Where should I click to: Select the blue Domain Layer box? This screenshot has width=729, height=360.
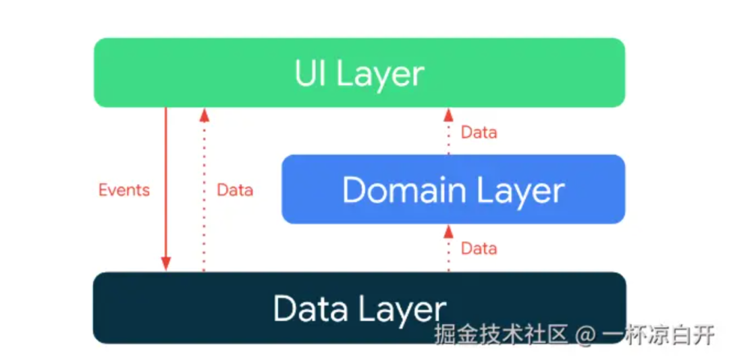[x=452, y=189]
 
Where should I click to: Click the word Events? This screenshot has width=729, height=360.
[x=124, y=190]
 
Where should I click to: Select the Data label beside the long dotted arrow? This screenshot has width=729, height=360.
[x=235, y=190]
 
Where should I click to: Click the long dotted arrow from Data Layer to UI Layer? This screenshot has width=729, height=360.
[x=204, y=203]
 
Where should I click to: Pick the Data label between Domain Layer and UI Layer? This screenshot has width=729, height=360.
[x=479, y=132]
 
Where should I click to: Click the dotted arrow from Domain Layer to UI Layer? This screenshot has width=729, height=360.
[x=448, y=135]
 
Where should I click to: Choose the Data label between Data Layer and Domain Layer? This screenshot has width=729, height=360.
[x=479, y=249]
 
